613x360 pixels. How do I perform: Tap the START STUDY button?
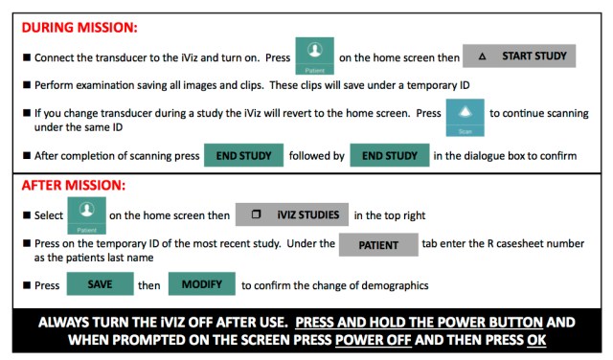pos(519,56)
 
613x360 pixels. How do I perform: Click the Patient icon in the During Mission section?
pos(314,56)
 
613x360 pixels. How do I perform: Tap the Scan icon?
pos(465,116)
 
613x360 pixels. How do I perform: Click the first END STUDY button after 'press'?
pos(243,156)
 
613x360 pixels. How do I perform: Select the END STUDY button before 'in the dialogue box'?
pos(389,156)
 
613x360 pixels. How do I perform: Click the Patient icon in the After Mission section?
pos(86,214)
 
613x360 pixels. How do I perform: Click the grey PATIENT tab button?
pos(377,245)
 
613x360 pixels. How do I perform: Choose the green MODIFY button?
pos(200,284)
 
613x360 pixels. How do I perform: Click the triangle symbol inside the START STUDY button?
pos(482,57)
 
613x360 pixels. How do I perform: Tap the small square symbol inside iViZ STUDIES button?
pos(255,214)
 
